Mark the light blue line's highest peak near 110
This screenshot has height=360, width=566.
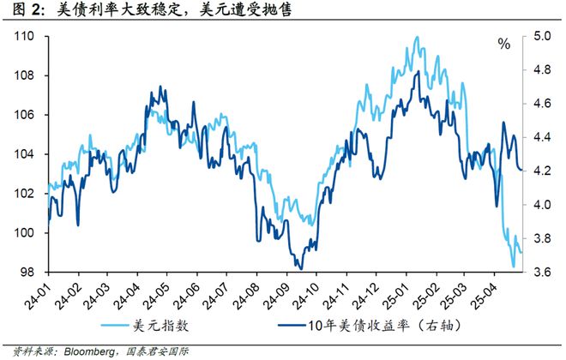417,37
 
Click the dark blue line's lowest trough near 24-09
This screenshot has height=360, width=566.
300,268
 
